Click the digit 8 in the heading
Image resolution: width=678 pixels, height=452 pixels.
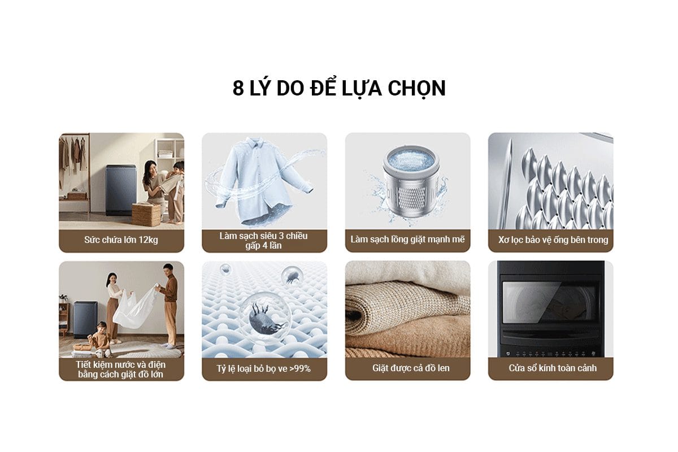[x=238, y=89]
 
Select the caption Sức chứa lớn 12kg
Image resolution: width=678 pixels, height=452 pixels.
[x=121, y=240]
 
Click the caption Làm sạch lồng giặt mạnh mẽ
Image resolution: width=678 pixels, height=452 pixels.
[x=407, y=240]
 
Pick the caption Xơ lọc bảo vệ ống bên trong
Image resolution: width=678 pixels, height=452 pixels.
[x=550, y=240]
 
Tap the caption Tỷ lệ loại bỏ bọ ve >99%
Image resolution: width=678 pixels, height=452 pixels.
[x=264, y=368]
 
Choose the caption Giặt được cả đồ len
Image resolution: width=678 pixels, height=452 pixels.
[x=407, y=368]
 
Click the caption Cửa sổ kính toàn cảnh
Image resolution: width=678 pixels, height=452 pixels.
[x=550, y=368]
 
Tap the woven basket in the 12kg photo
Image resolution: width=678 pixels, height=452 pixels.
[x=146, y=215]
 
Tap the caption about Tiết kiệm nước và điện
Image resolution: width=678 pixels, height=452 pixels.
[x=121, y=368]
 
